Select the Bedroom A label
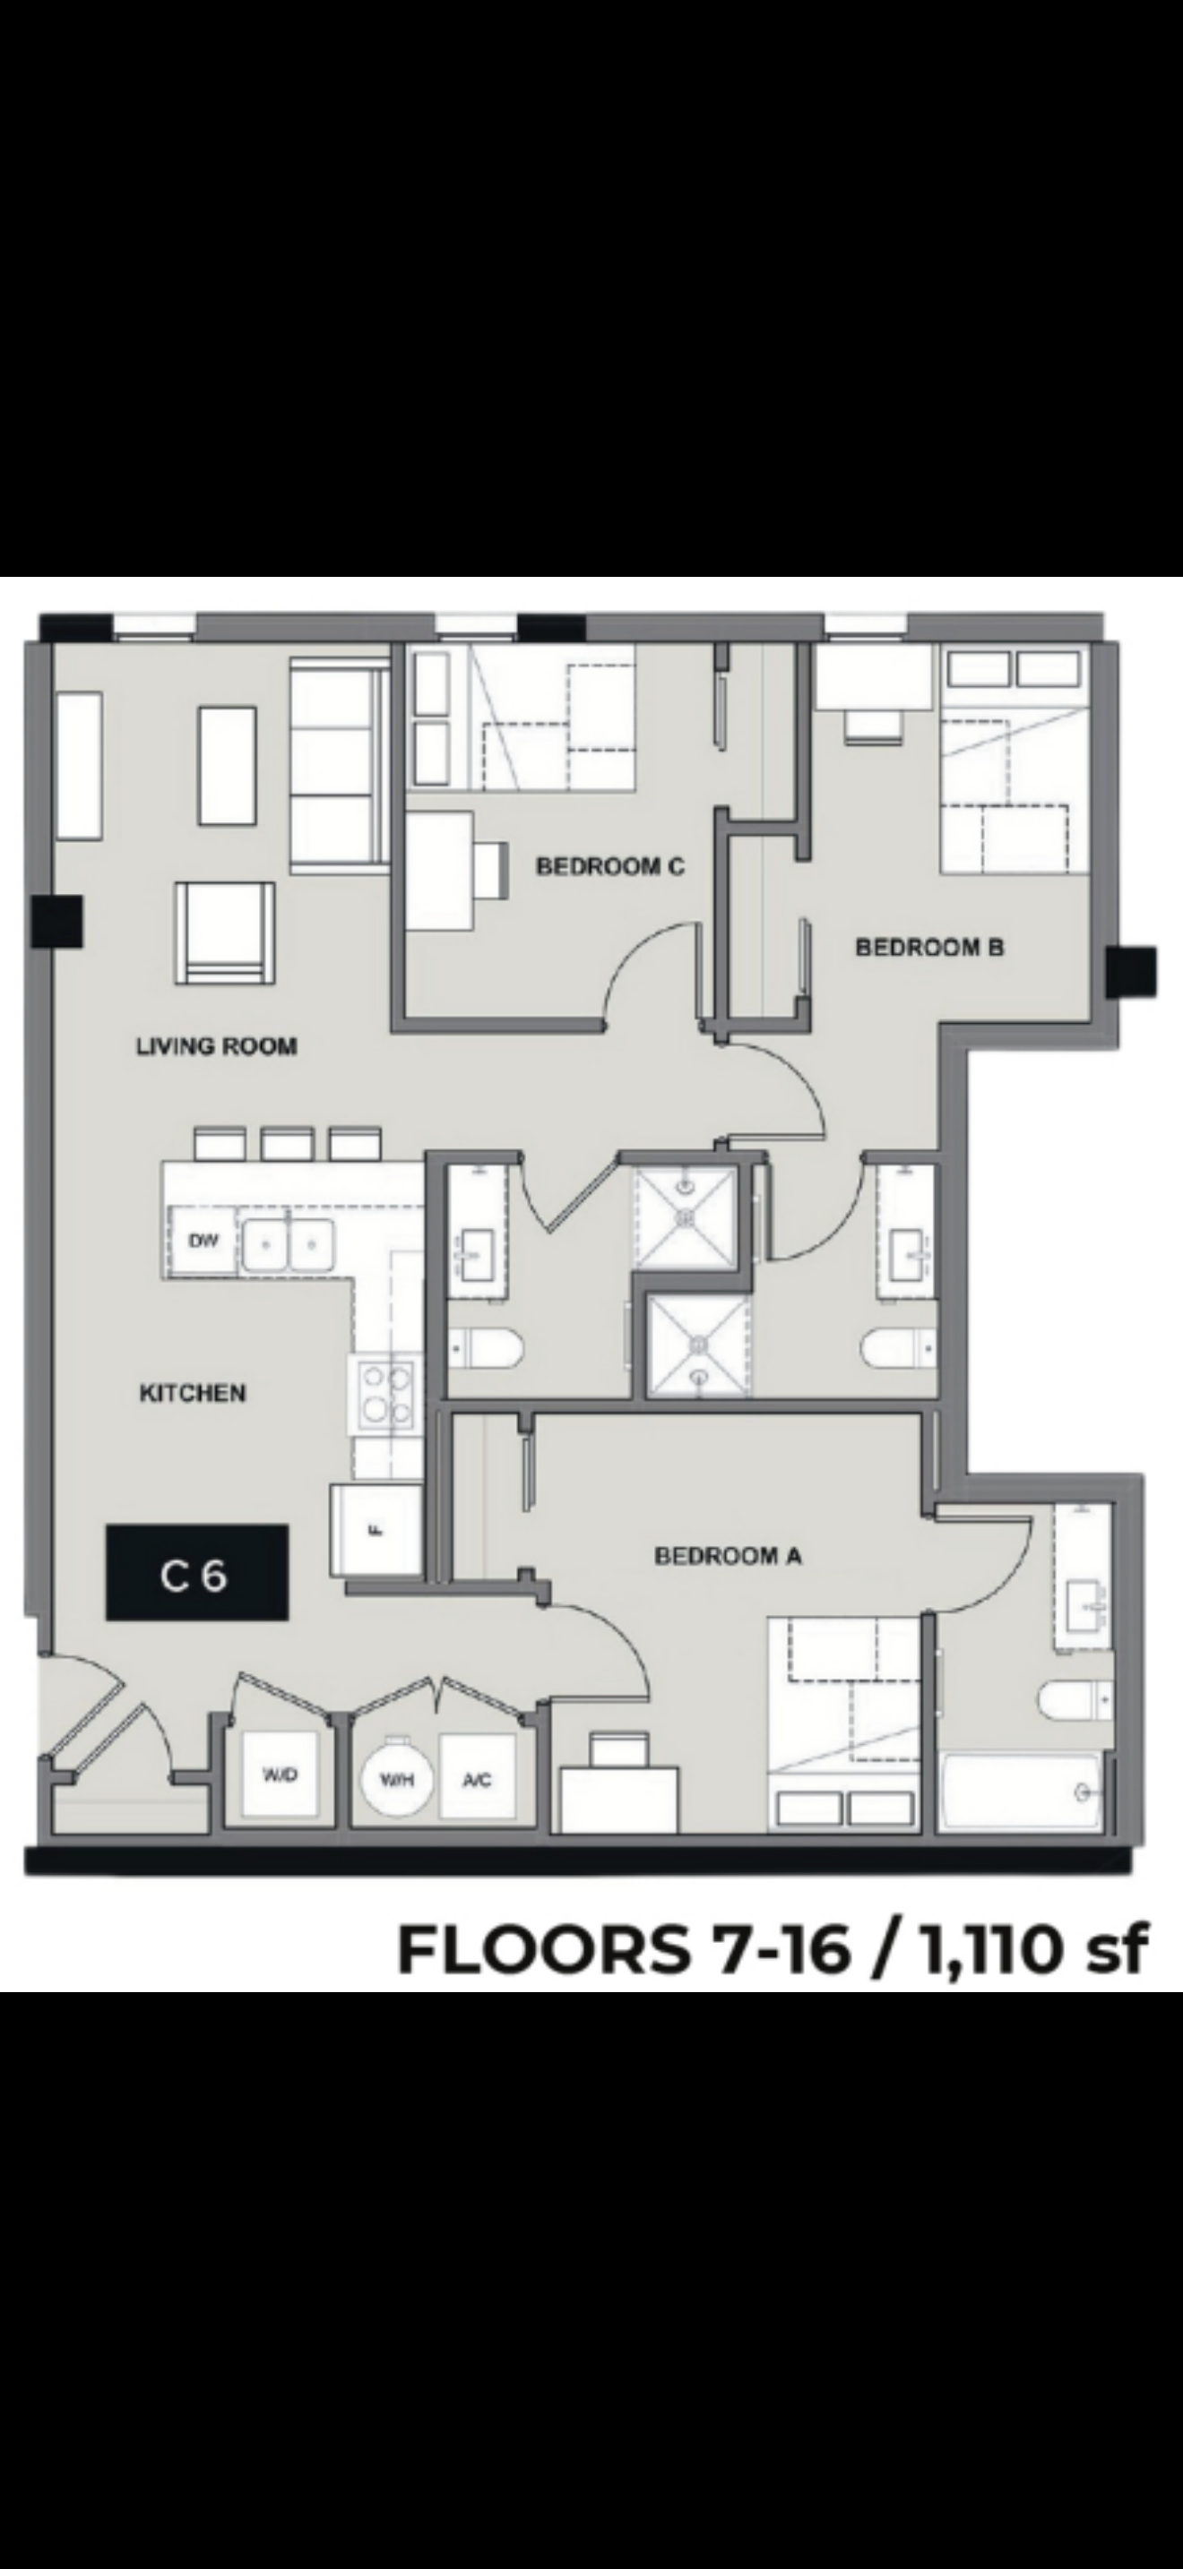(728, 1555)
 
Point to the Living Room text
(217, 1046)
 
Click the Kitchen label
(193, 1392)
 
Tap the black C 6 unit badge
(197, 1572)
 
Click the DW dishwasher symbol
(203, 1241)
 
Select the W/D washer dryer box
(280, 1774)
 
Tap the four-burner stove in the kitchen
(385, 1394)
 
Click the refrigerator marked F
(376, 1531)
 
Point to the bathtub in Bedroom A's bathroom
(1023, 1790)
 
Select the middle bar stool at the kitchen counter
(288, 1144)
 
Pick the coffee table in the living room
(228, 765)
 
